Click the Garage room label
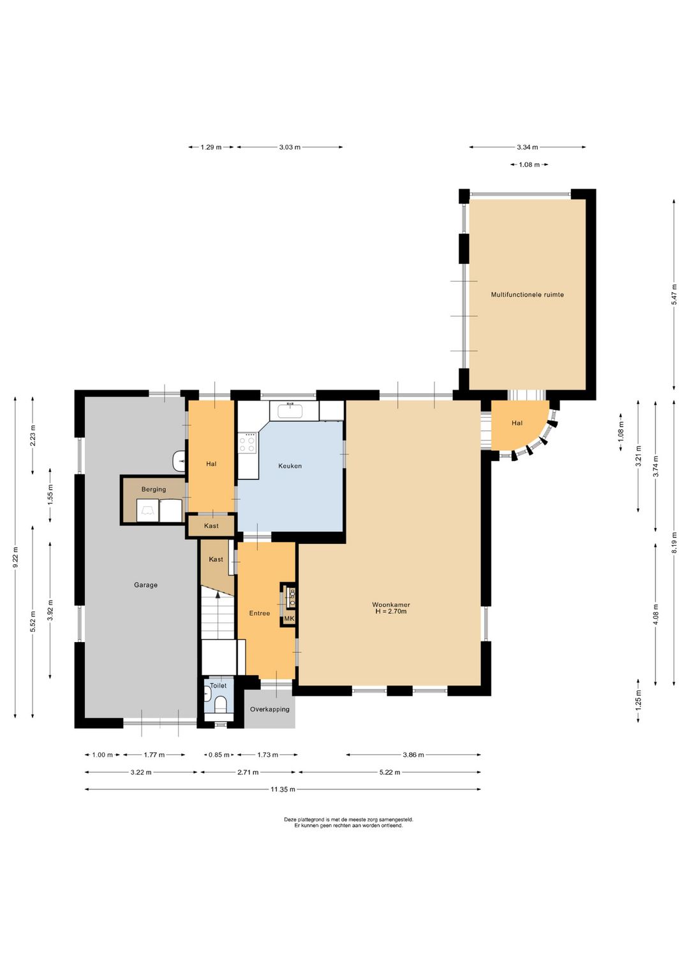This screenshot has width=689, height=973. click(x=145, y=585)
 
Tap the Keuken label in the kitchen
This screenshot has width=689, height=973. click(x=290, y=466)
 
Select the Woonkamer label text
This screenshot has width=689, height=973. click(x=391, y=604)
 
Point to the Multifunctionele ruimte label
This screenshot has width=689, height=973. click(x=528, y=295)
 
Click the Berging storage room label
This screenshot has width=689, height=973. click(x=154, y=490)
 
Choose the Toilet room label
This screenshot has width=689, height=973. click(x=218, y=685)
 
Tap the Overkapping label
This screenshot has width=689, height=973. click(x=269, y=709)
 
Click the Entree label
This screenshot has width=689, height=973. click(x=260, y=613)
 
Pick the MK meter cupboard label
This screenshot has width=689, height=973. click(x=289, y=618)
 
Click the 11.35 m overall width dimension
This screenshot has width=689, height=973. click(x=283, y=789)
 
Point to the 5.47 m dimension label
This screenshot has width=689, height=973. click(x=674, y=294)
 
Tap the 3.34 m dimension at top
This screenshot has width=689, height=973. click(x=528, y=147)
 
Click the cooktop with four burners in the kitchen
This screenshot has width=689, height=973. click(x=248, y=444)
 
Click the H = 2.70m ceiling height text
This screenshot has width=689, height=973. click(x=391, y=611)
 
